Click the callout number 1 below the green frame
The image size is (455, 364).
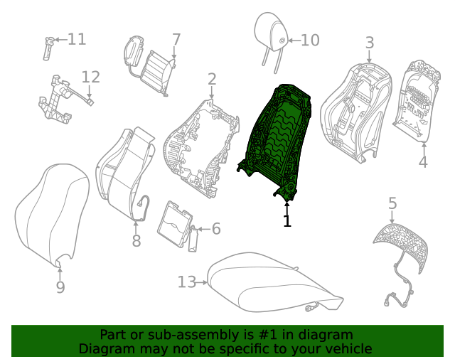click(287, 221)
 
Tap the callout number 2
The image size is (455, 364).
click(212, 78)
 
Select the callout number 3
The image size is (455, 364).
click(369, 43)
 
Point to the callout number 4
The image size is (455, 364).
click(423, 162)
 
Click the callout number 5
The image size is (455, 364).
click(392, 204)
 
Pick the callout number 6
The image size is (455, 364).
click(215, 229)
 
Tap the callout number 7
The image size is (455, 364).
click(176, 40)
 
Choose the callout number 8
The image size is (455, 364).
click(136, 242)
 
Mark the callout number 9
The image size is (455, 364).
click(60, 287)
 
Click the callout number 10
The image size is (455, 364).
click(310, 41)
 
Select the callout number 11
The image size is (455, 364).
click(76, 39)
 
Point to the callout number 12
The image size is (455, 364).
click(91, 77)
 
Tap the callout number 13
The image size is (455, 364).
click(186, 282)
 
